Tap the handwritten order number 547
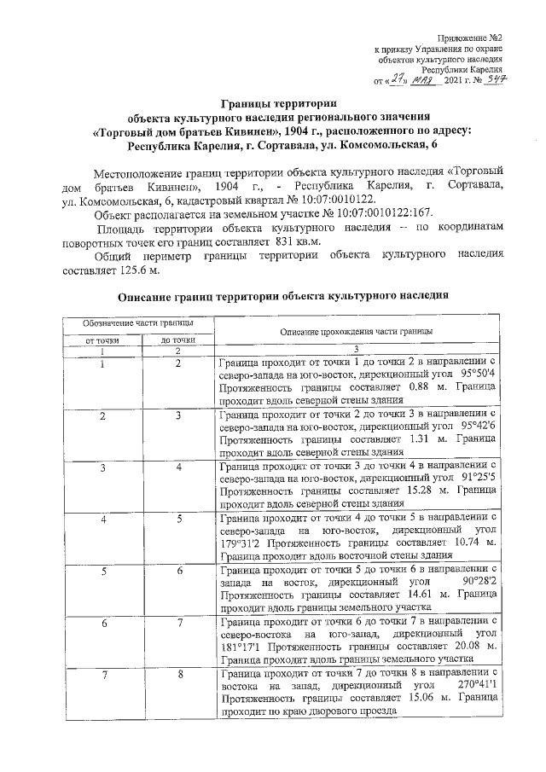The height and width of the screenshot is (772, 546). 491,79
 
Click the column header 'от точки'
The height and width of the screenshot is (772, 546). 102,341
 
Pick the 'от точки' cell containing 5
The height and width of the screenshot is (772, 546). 102,571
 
